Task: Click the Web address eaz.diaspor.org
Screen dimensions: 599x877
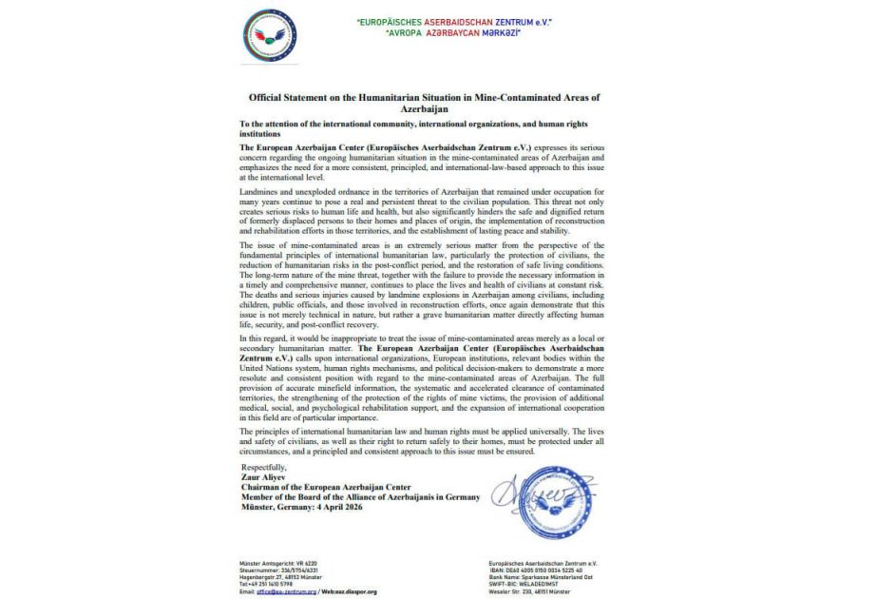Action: pyautogui.click(x=353, y=591)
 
